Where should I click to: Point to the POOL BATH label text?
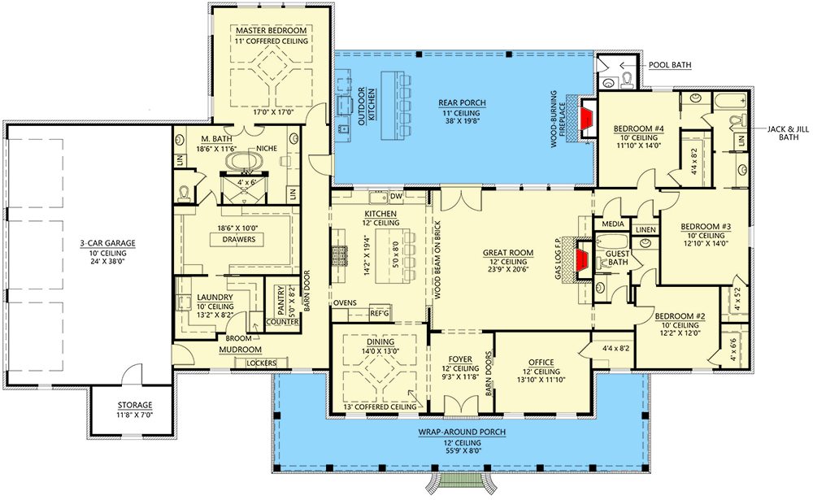click(x=671, y=64)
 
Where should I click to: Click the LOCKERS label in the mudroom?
click(x=260, y=363)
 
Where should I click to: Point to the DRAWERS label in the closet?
click(x=233, y=240)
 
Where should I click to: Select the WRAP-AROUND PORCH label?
click(x=463, y=431)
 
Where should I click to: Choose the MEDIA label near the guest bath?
click(x=612, y=224)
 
